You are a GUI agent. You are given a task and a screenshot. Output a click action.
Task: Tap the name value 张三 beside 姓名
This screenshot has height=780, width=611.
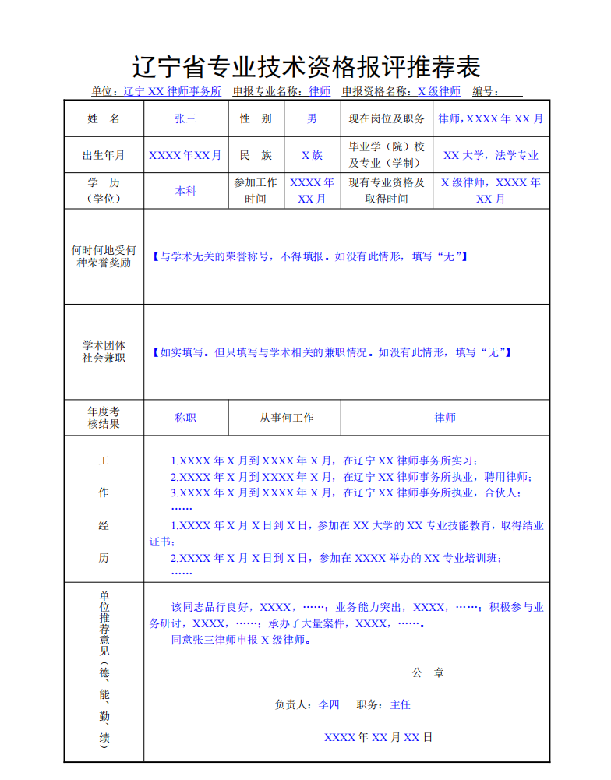coord(185,118)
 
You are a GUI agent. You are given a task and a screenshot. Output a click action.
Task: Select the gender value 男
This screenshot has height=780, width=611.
coord(312,118)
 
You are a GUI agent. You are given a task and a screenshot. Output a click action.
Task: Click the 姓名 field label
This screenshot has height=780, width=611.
coord(104,118)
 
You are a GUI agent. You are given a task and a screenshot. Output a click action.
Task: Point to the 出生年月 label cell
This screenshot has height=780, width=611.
coord(104,155)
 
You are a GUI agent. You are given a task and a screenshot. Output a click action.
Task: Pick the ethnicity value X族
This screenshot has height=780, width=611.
coord(312,155)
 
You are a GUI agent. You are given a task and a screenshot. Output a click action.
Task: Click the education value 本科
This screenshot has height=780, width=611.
coord(185,191)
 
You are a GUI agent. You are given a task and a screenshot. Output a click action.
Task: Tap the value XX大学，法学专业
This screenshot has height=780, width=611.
coord(491,155)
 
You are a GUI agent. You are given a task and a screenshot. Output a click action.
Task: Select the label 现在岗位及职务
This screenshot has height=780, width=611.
coord(387,118)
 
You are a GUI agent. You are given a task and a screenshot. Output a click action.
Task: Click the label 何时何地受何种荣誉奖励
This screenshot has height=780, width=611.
coord(104,256)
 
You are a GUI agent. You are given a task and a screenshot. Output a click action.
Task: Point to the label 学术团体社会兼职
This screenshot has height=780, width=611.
coord(104,351)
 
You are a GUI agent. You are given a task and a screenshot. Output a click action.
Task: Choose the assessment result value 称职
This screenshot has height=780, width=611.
coord(185,418)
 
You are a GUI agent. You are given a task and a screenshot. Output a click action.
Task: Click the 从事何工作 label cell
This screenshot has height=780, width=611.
coord(287,418)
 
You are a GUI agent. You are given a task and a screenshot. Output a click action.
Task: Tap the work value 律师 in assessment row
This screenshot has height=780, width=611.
coord(445,418)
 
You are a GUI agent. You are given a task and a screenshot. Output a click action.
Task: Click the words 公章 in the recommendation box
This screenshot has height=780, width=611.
coord(428,672)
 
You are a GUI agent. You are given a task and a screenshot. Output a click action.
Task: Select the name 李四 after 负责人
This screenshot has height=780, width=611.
coord(329,704)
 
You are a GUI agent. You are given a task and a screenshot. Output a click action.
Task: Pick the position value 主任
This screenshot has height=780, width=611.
coord(400,704)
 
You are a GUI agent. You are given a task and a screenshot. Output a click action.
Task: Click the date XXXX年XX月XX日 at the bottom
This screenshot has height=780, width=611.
coord(378,737)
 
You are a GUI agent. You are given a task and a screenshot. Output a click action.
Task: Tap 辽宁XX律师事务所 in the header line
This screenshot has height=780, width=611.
coord(172,91)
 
